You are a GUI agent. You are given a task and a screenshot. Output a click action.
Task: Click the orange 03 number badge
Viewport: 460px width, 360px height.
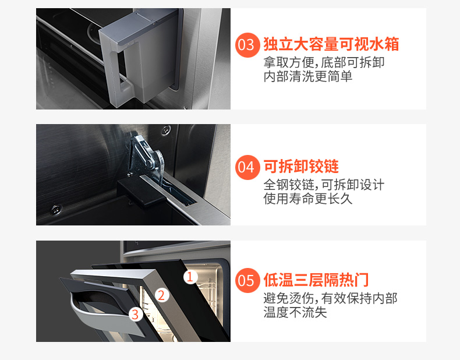(x=247, y=45)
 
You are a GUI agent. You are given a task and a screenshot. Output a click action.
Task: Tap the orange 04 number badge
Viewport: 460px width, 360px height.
(x=247, y=167)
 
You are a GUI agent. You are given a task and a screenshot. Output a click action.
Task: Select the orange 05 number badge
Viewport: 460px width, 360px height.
(x=247, y=280)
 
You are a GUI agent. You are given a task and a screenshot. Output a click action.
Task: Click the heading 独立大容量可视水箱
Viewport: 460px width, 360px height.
(x=331, y=44)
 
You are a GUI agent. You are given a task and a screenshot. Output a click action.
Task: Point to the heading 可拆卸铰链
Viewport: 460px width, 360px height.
(x=301, y=167)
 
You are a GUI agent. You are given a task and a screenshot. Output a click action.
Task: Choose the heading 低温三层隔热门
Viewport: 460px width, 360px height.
(x=316, y=280)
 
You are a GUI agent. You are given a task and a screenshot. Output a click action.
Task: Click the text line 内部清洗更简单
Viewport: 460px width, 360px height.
(x=308, y=76)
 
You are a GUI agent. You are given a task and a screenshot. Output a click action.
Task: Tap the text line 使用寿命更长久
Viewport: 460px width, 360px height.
(x=308, y=199)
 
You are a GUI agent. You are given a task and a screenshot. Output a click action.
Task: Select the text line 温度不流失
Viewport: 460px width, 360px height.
(x=295, y=312)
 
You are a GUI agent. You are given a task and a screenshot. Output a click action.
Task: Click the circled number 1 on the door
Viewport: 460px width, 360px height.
(x=190, y=277)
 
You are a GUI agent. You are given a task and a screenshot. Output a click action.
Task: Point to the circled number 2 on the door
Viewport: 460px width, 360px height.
(x=162, y=295)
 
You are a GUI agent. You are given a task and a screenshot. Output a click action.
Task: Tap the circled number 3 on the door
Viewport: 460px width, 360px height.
(x=135, y=314)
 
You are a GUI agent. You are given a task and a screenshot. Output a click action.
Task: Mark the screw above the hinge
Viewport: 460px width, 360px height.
(x=166, y=129)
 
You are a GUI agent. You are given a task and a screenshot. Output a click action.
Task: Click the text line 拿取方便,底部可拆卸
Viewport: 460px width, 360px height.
(x=324, y=62)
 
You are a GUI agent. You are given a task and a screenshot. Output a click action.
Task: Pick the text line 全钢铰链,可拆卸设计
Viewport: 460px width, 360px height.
(x=324, y=185)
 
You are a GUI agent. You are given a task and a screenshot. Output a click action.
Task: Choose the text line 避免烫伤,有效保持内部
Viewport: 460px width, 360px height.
(x=330, y=298)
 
